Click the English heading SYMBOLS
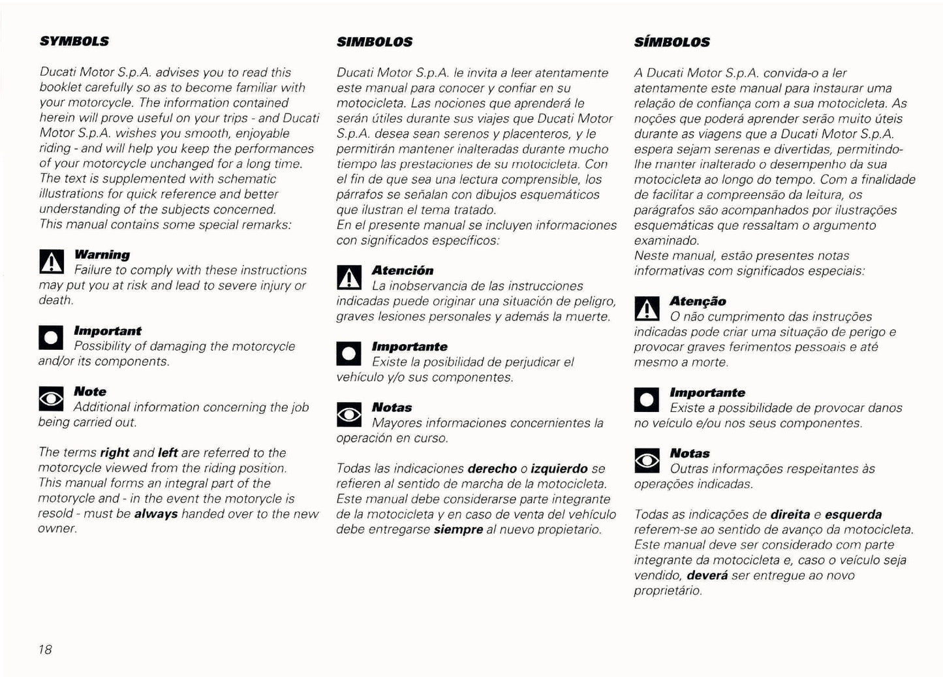tap(74, 41)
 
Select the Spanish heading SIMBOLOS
tap(375, 42)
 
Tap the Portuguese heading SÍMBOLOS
tap(672, 42)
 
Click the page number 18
tap(45, 649)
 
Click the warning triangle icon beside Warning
tap(52, 262)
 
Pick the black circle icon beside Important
tap(52, 338)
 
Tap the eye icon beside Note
tap(52, 399)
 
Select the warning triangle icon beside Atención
tap(348, 278)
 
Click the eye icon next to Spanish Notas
tap(348, 415)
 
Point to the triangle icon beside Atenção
tap(647, 308)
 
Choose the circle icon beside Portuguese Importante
tap(647, 400)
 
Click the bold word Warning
tap(102, 255)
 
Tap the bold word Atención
tap(403, 270)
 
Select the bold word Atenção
tap(698, 301)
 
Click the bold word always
tap(156, 514)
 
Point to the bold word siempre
tap(458, 529)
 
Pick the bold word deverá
tap(707, 575)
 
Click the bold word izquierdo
tap(559, 469)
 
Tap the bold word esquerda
tap(854, 514)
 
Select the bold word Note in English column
tap(90, 392)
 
